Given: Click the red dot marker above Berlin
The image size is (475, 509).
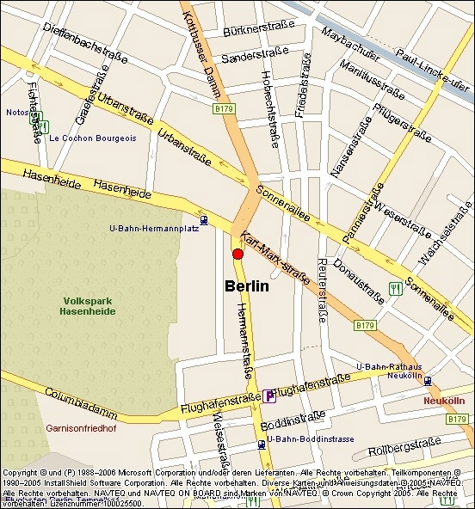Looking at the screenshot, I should (238, 253).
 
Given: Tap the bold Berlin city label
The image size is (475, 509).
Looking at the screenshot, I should (247, 286).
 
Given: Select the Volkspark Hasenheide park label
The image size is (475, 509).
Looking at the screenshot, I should (87, 306).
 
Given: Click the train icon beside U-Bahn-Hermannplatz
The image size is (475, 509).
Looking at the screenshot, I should (203, 220).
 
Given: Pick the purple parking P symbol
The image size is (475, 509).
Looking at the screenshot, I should (270, 396).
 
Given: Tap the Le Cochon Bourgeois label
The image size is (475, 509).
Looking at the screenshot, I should (93, 138).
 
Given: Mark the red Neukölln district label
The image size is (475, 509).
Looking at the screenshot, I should (443, 402).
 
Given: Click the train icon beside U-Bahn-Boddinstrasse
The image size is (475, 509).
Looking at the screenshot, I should (260, 445).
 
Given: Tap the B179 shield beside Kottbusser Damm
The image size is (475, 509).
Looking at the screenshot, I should (224, 109).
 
